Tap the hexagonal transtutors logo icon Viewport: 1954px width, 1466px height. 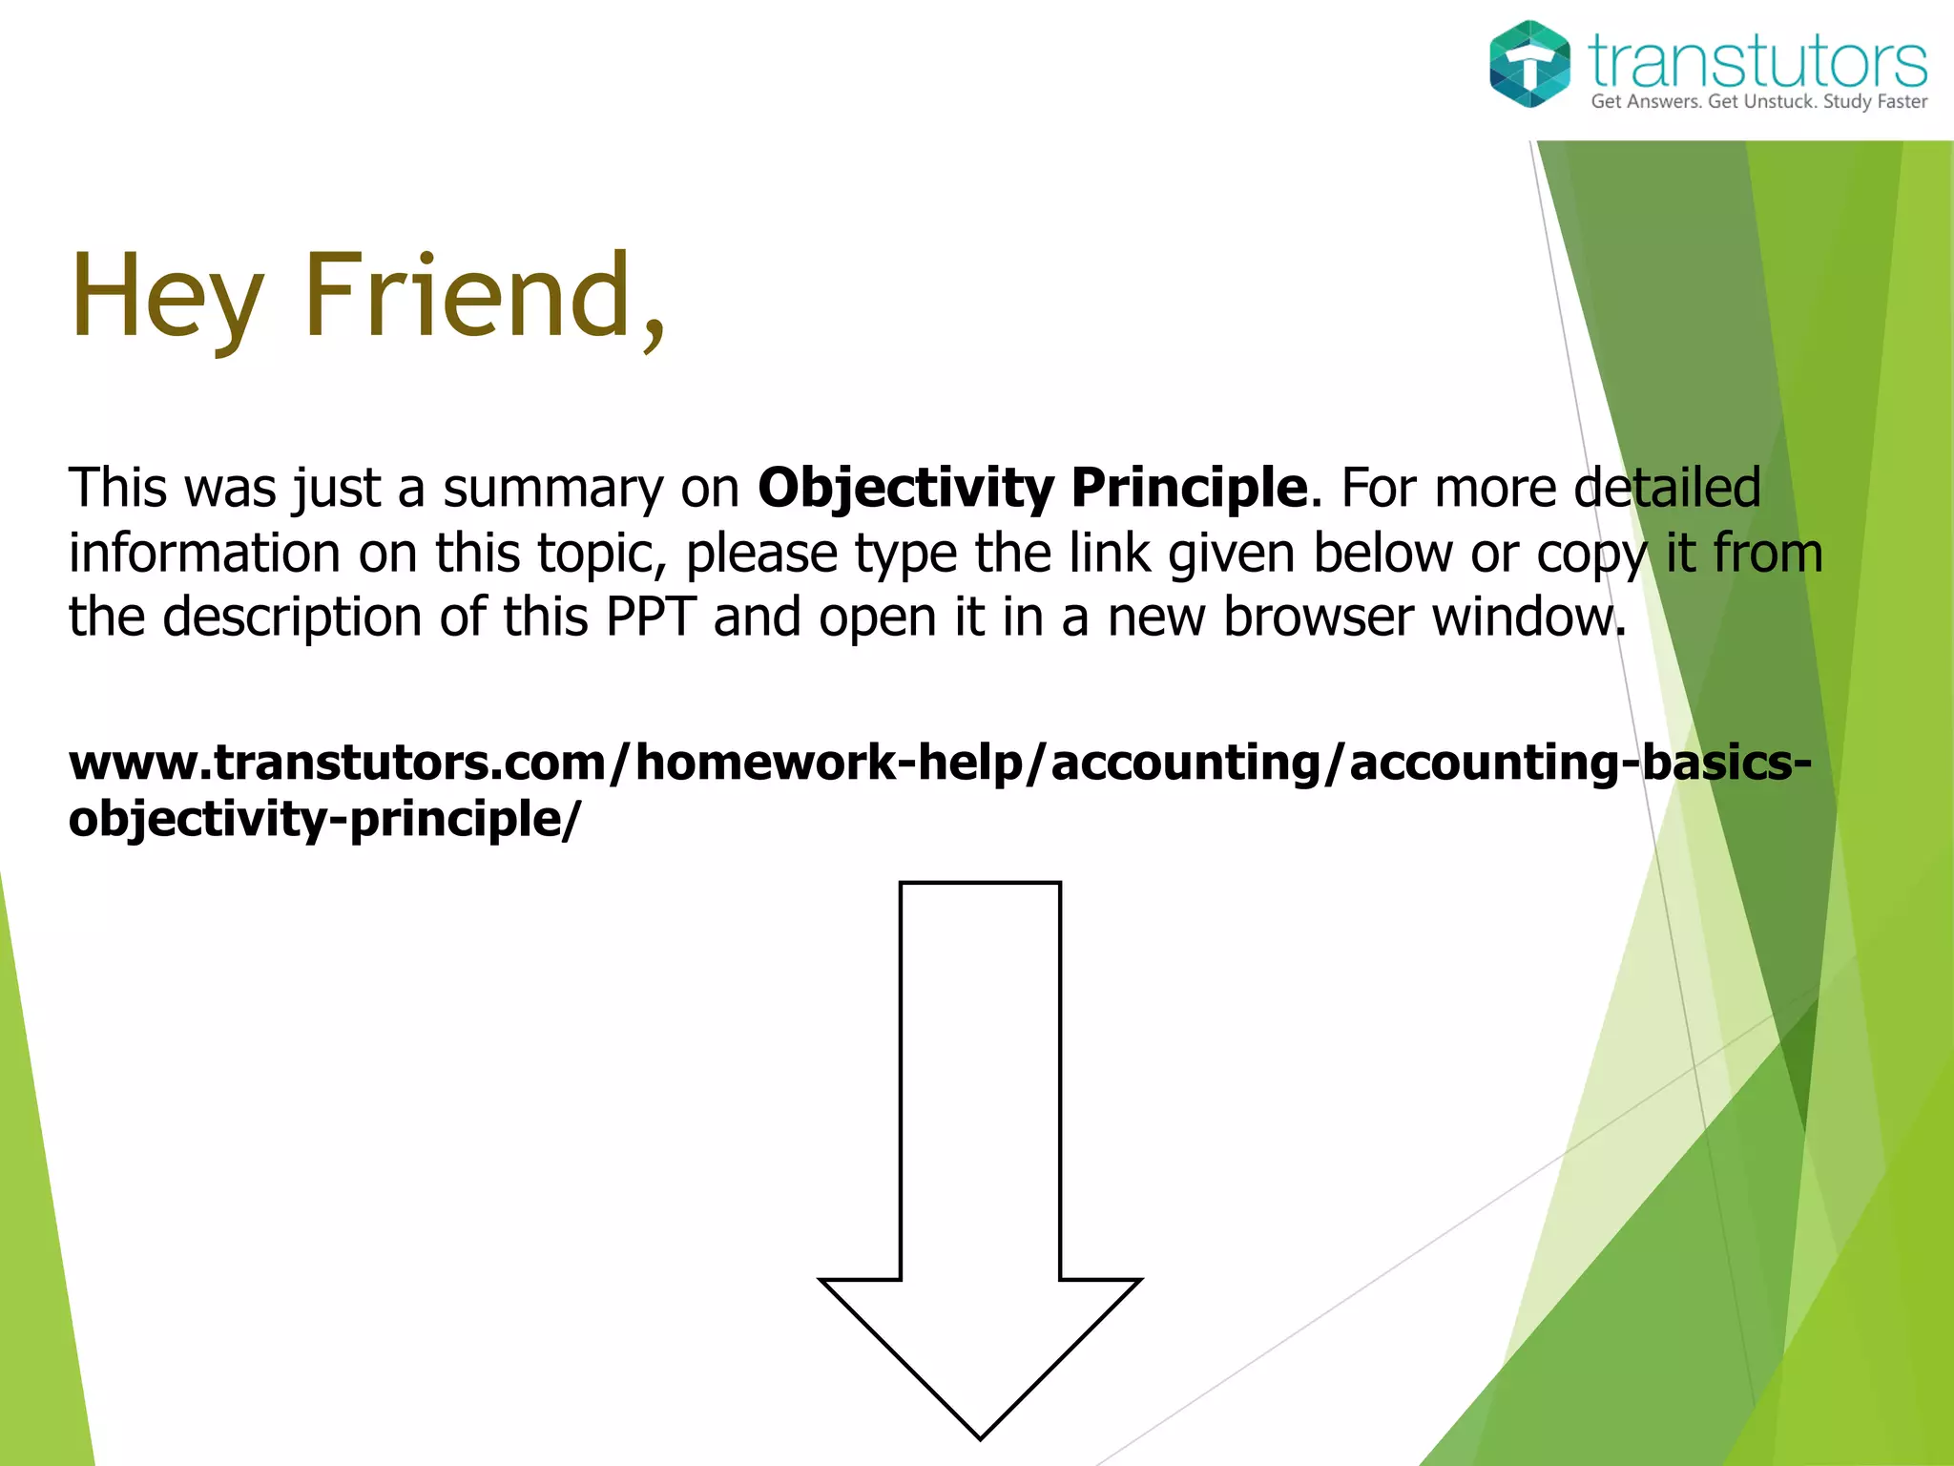tap(1529, 64)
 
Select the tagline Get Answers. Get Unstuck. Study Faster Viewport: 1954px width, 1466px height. tap(1758, 102)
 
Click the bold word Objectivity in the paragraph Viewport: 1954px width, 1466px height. tap(905, 489)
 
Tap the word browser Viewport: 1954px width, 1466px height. tap(1319, 617)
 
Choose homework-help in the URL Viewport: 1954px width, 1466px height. tap(828, 763)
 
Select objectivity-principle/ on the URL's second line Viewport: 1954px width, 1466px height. tap(323, 819)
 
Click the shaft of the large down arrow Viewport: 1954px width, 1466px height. tap(980, 1079)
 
